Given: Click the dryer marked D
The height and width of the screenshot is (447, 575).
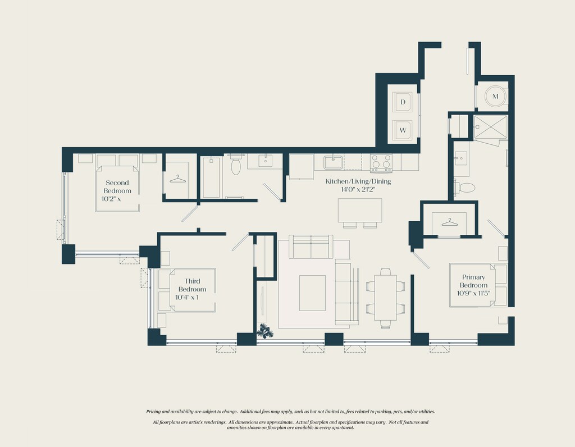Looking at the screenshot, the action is [403, 102].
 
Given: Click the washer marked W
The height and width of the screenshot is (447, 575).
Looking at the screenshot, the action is [403, 130].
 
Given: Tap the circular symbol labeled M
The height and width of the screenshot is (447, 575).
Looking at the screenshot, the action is [495, 97].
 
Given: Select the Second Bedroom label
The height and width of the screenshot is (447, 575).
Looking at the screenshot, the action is [117, 186].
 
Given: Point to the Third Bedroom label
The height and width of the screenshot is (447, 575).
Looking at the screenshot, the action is [192, 285].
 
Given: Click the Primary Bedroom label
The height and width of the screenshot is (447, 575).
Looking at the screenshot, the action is [473, 281].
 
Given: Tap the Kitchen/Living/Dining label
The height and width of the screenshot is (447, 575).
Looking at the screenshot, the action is [358, 181].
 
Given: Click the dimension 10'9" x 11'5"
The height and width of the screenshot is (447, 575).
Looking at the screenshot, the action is [473, 293].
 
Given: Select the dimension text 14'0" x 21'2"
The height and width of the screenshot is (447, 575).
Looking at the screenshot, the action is [358, 190].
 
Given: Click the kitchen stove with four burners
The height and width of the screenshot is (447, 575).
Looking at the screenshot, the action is [381, 163].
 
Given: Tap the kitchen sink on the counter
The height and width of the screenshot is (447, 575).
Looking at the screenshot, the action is [333, 162].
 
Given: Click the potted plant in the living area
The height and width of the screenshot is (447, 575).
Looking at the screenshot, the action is [264, 331].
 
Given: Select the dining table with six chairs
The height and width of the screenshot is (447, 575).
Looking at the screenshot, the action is [385, 298].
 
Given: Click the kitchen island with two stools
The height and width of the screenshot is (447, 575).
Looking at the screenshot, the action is [360, 213].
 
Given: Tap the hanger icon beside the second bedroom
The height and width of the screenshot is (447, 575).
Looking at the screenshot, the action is [177, 179].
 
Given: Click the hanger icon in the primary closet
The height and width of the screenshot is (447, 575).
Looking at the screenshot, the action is [450, 222].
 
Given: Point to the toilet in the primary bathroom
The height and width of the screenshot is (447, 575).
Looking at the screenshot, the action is [464, 188].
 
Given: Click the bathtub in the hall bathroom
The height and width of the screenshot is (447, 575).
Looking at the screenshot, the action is [212, 177].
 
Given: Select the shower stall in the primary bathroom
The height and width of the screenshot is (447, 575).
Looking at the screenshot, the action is [490, 127].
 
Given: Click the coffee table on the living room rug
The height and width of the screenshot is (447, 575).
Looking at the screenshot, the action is [312, 293].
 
